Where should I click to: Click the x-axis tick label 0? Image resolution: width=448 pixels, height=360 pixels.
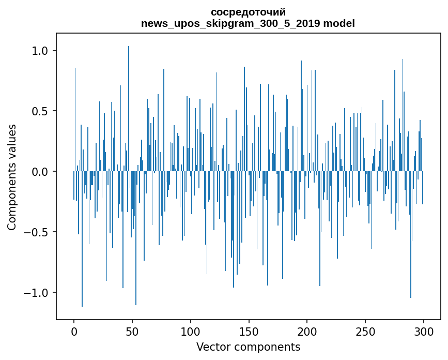point(74,332)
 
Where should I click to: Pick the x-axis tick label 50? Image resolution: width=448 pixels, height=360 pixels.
point(132,332)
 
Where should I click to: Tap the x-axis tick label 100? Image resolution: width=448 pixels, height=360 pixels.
point(191,332)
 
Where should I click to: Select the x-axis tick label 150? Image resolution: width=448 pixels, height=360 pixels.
point(249,332)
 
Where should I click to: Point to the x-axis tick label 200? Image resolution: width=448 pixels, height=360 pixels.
point(307,332)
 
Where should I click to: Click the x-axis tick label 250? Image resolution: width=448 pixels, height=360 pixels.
point(365,332)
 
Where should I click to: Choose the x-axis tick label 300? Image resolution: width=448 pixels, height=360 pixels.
point(424,332)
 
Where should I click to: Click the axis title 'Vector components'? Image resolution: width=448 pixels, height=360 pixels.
point(248,347)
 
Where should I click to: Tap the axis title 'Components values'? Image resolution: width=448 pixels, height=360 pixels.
point(12,177)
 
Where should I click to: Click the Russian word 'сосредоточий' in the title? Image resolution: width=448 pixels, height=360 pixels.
point(248,12)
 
